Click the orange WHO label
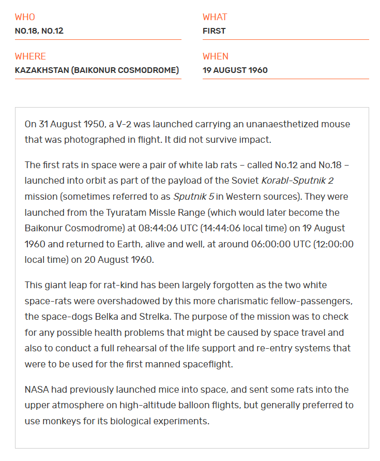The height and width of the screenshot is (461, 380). [x=25, y=17]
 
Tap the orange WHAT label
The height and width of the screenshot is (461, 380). [x=215, y=17]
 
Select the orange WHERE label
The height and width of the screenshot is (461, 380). [x=30, y=56]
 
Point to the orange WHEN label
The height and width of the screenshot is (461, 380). [x=215, y=56]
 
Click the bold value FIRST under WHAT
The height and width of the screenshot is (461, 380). [x=214, y=31]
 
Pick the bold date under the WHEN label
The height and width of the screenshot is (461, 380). [x=235, y=70]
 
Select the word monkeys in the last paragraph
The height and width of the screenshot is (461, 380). [x=60, y=421]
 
